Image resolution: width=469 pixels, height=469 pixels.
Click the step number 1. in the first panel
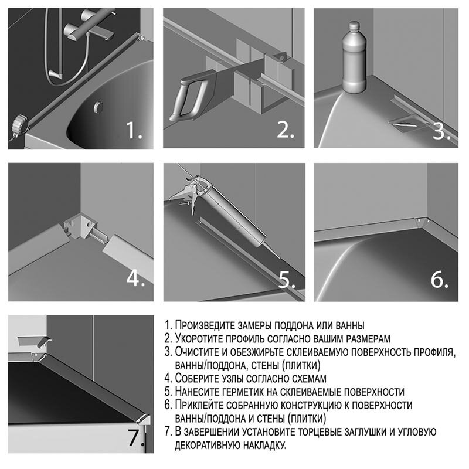tap(135, 130)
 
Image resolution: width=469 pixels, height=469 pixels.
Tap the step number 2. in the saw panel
tap(285, 130)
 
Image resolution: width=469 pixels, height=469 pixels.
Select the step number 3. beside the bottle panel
tap(441, 130)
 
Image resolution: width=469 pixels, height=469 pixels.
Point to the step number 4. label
tap(135, 279)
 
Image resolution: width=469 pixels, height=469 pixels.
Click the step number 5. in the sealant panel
tap(286, 279)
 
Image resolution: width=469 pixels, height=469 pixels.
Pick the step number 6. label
tap(440, 279)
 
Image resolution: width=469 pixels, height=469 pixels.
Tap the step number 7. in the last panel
tap(136, 437)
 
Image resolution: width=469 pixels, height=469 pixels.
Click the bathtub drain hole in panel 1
tap(98, 107)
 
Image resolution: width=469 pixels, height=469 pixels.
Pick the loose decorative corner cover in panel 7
tap(34, 340)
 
